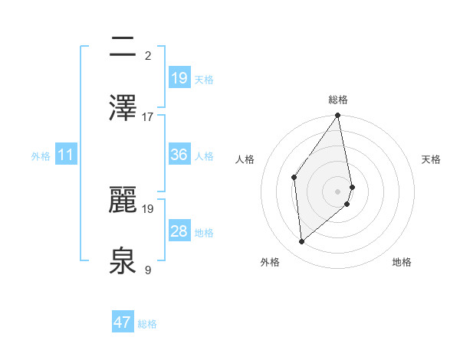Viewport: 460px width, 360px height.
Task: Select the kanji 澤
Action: click(x=123, y=107)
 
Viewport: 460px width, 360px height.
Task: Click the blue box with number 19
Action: click(x=179, y=78)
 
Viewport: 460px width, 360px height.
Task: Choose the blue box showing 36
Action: click(x=179, y=155)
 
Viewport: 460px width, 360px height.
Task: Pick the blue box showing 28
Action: click(x=179, y=231)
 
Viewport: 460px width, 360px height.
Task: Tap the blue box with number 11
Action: click(x=66, y=155)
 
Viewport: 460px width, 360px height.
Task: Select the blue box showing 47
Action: click(x=123, y=322)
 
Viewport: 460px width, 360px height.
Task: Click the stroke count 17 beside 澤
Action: click(x=148, y=117)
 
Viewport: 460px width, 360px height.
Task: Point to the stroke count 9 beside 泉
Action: click(x=148, y=270)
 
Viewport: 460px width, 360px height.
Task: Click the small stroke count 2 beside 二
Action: click(x=148, y=55)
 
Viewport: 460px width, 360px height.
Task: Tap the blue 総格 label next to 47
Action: click(x=147, y=324)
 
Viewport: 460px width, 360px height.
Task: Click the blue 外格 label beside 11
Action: click(x=41, y=156)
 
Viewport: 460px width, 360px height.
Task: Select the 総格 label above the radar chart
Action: click(x=338, y=100)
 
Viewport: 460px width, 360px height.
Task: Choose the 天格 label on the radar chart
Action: click(x=432, y=159)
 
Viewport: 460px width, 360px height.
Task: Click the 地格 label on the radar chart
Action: click(x=402, y=262)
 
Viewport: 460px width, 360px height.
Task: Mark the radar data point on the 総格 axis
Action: click(x=338, y=116)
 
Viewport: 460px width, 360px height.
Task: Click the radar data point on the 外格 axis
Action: click(x=302, y=242)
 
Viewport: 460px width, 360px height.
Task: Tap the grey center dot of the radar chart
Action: click(x=338, y=191)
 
